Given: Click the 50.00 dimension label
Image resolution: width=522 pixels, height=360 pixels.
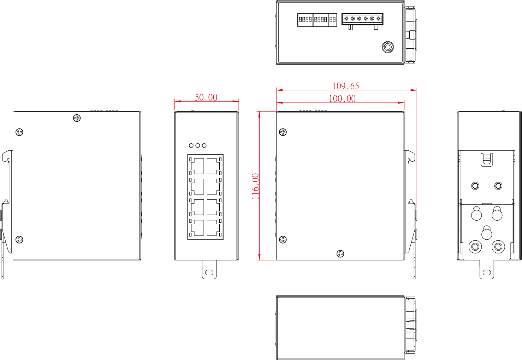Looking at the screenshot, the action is point(206,97).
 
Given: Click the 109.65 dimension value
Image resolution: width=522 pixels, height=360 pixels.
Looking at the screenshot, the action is point(346,86).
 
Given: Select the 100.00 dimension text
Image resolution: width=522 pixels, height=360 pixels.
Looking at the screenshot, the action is point(342,99).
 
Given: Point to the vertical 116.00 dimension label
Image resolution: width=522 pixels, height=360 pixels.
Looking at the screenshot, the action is point(255,186).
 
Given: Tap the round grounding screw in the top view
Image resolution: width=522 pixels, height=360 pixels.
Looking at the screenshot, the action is point(388,47).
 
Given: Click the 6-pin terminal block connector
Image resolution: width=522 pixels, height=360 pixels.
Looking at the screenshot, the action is point(362,19).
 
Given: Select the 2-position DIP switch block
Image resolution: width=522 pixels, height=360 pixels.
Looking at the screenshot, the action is point(333,20).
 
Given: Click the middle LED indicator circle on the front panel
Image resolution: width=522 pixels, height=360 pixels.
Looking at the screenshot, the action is point(198,145).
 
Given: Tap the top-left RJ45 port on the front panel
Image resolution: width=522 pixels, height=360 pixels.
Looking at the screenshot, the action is point(197,166).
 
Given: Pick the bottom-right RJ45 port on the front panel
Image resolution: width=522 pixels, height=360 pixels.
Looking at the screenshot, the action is point(213,228).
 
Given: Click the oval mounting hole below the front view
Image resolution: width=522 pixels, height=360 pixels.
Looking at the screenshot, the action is point(209,272).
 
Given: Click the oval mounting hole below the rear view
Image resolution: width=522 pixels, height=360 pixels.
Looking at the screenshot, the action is point(487,272).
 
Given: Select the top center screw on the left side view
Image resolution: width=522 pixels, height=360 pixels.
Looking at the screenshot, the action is point(77,118).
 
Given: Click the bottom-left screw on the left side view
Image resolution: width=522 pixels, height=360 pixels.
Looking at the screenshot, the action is point(19,239).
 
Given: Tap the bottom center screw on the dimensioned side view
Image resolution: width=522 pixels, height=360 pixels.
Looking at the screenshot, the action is point(340,253).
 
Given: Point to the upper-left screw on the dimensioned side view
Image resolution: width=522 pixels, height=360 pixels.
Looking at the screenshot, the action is point(283,132).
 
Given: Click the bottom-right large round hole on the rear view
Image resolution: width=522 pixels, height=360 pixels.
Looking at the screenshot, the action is point(498,247).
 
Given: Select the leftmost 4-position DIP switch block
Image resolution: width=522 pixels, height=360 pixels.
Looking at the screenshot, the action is point(305,20).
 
